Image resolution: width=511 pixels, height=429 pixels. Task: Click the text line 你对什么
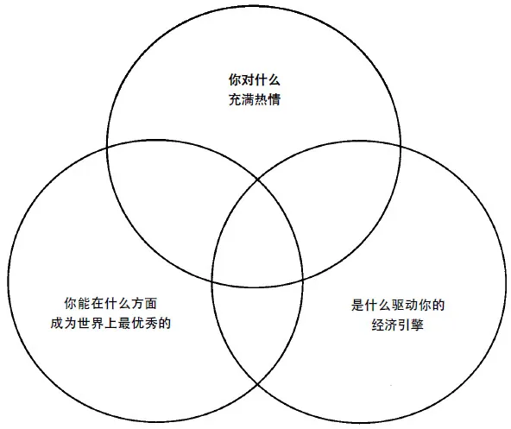pyautogui.click(x=254, y=80)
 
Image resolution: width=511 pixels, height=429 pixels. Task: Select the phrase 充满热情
pyautogui.click(x=254, y=99)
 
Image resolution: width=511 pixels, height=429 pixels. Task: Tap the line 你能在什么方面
pyautogui.click(x=110, y=304)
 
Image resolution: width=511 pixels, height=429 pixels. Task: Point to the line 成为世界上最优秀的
pyautogui.click(x=110, y=324)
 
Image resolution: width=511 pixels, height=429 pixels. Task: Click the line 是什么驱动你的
pyautogui.click(x=398, y=305)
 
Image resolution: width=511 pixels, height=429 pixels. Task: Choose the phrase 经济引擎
pyautogui.click(x=398, y=325)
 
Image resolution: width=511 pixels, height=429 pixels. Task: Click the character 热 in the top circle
pyautogui.click(x=261, y=99)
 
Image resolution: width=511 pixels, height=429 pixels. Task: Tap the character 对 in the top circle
pyautogui.click(x=248, y=80)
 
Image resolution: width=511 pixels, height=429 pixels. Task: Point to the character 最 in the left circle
pyautogui.click(x=124, y=324)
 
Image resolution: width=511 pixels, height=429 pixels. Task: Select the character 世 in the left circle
pyautogui.click(x=84, y=324)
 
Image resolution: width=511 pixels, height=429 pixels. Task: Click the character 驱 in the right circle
pyautogui.click(x=398, y=305)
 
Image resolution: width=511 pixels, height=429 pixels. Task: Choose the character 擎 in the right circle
pyautogui.click(x=417, y=325)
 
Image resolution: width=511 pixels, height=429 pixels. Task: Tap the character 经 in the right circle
pyautogui.click(x=378, y=325)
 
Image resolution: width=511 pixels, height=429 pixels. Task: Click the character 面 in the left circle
pyautogui.click(x=151, y=304)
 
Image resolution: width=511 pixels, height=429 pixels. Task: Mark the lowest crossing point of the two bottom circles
pyautogui.click(x=257, y=385)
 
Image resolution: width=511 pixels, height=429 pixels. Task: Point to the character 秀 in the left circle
pyautogui.click(x=151, y=324)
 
